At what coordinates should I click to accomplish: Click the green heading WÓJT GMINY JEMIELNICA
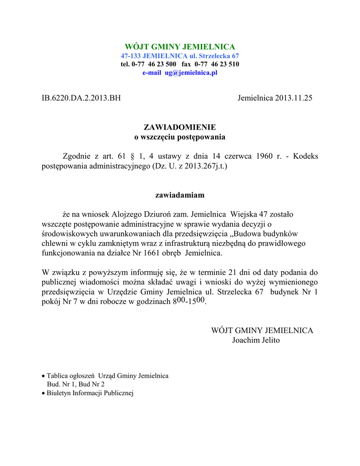[x=180, y=47]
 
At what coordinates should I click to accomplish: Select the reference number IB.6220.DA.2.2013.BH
[x=81, y=98]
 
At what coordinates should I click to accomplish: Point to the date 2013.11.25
[x=294, y=98]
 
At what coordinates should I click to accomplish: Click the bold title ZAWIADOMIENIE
[x=180, y=127]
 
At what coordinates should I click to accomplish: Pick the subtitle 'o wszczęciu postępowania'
[x=180, y=137]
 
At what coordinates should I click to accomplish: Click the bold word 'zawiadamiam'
[x=180, y=195]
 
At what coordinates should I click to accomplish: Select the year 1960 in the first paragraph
[x=264, y=157]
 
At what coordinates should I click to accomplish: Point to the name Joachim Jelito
[x=256, y=340]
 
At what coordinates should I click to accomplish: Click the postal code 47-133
[x=131, y=56]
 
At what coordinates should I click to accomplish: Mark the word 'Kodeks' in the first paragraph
[x=305, y=157]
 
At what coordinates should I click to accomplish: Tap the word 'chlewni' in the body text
[x=54, y=243]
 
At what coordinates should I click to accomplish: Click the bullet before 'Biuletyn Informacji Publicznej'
[x=43, y=393]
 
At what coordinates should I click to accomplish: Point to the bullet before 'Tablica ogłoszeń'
[x=43, y=376]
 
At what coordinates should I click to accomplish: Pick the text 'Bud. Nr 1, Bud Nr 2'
[x=73, y=384]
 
